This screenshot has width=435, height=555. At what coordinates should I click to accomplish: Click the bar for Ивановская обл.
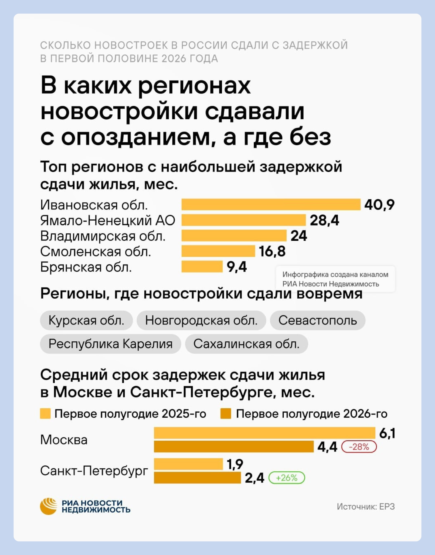click(271, 205)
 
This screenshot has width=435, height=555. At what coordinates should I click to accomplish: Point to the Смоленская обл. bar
click(218, 251)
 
